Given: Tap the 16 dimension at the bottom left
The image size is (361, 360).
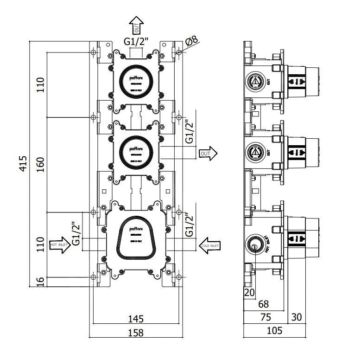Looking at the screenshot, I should point(41,282).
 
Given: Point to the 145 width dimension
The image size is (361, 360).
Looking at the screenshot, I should point(135,319).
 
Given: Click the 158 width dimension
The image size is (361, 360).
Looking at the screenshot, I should point(135,332).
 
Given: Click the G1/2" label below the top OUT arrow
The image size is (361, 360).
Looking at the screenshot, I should point(136,41).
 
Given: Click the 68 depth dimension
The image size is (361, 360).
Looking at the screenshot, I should point(263,304).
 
